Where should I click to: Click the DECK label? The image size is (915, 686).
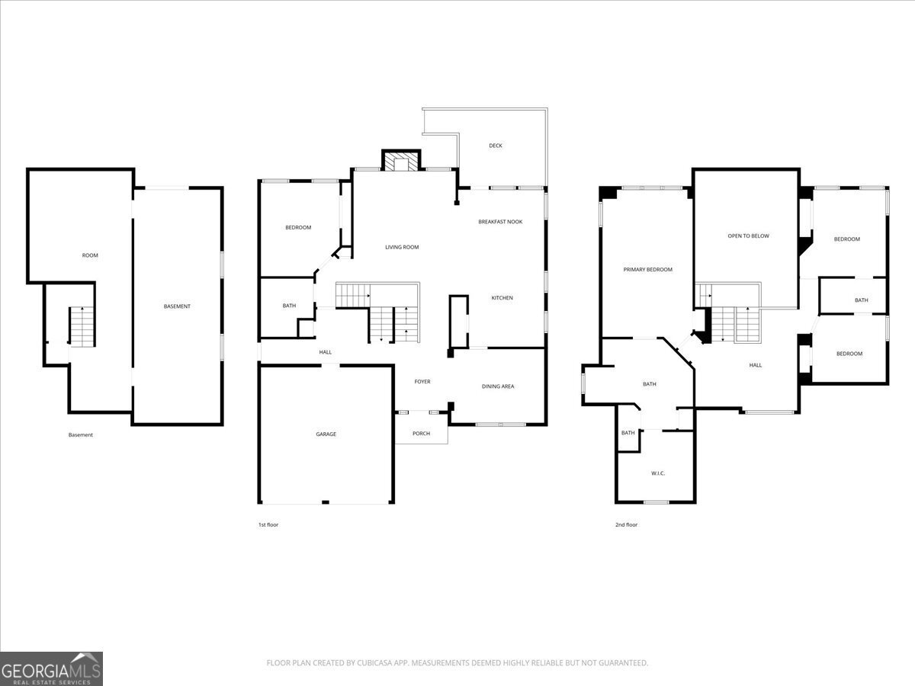click(x=496, y=146)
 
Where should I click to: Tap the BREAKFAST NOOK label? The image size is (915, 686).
click(x=500, y=222)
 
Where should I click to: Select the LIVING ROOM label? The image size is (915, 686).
click(x=402, y=247)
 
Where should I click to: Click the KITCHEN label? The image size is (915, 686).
click(x=502, y=298)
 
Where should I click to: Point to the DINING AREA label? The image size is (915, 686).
click(x=498, y=386)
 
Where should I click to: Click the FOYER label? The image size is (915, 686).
click(x=422, y=382)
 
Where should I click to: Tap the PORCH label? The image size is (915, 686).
click(x=421, y=434)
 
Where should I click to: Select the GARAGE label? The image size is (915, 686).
click(x=326, y=434)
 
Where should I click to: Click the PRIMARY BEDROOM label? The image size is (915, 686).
click(x=647, y=270)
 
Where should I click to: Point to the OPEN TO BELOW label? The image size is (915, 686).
click(x=748, y=236)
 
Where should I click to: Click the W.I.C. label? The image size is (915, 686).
click(x=658, y=473)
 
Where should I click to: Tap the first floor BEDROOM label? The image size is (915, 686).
click(x=298, y=227)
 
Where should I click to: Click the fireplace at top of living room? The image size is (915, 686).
click(x=400, y=162)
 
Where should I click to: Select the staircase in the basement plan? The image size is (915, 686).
click(x=82, y=326)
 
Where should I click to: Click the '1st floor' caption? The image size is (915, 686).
click(x=268, y=524)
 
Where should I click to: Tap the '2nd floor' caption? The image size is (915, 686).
click(x=626, y=524)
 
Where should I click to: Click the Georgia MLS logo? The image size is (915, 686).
click(x=51, y=668)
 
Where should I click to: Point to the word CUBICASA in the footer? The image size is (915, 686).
click(x=376, y=663)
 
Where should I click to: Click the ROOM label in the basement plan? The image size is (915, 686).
click(x=90, y=255)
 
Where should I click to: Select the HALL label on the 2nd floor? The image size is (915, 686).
click(x=755, y=365)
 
